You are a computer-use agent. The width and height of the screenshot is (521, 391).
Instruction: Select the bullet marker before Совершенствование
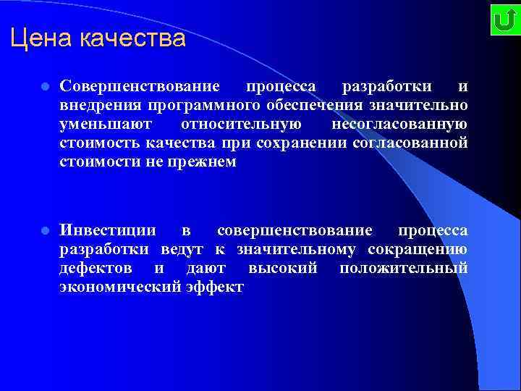[44, 87]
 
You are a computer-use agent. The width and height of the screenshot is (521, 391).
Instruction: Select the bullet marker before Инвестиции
[44, 232]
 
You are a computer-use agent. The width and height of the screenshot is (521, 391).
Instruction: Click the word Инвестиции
[108, 231]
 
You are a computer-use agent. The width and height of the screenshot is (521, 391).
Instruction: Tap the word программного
[192, 106]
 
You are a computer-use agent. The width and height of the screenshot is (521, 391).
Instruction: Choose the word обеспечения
[315, 106]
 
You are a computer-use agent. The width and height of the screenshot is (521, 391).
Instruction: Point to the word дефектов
[96, 269]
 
